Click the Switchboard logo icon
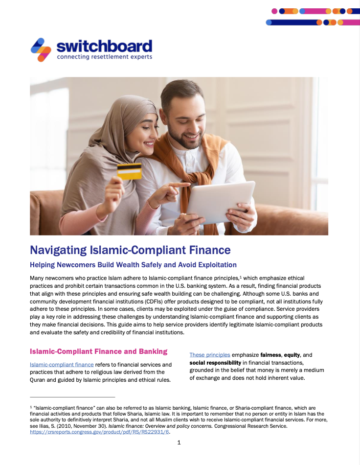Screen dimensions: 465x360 41,49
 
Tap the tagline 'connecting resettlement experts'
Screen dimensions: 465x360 104,57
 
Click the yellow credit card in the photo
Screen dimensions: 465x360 129,171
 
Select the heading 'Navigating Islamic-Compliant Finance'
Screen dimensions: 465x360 130,250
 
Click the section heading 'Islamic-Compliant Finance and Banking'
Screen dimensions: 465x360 98,351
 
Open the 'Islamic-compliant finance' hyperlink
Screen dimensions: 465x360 62,365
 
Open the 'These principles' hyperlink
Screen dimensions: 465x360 209,355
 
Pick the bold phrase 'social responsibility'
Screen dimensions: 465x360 215,363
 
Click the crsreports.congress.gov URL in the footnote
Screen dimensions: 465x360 100,432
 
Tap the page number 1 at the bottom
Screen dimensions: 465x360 179,443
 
